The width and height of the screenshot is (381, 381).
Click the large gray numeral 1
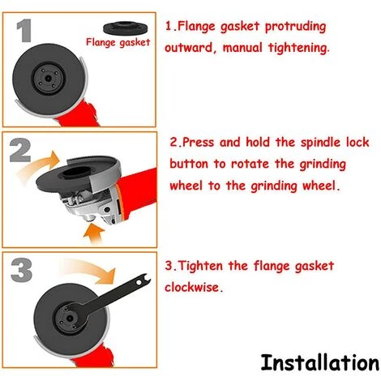24,31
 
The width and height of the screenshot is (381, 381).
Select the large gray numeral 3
22,270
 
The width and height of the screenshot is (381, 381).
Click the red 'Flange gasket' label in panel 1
118,43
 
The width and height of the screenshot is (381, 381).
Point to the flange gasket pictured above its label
126,28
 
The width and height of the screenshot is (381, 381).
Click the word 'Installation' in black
320,363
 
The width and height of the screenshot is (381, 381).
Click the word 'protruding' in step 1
295,27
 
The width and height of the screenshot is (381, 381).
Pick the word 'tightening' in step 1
298,48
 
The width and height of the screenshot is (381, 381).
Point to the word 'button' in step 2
189,164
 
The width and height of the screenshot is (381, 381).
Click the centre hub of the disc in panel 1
49,79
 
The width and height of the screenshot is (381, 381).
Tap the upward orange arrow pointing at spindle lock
94,233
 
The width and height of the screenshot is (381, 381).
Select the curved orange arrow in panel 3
89,269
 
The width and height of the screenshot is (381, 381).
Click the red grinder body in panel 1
79,113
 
